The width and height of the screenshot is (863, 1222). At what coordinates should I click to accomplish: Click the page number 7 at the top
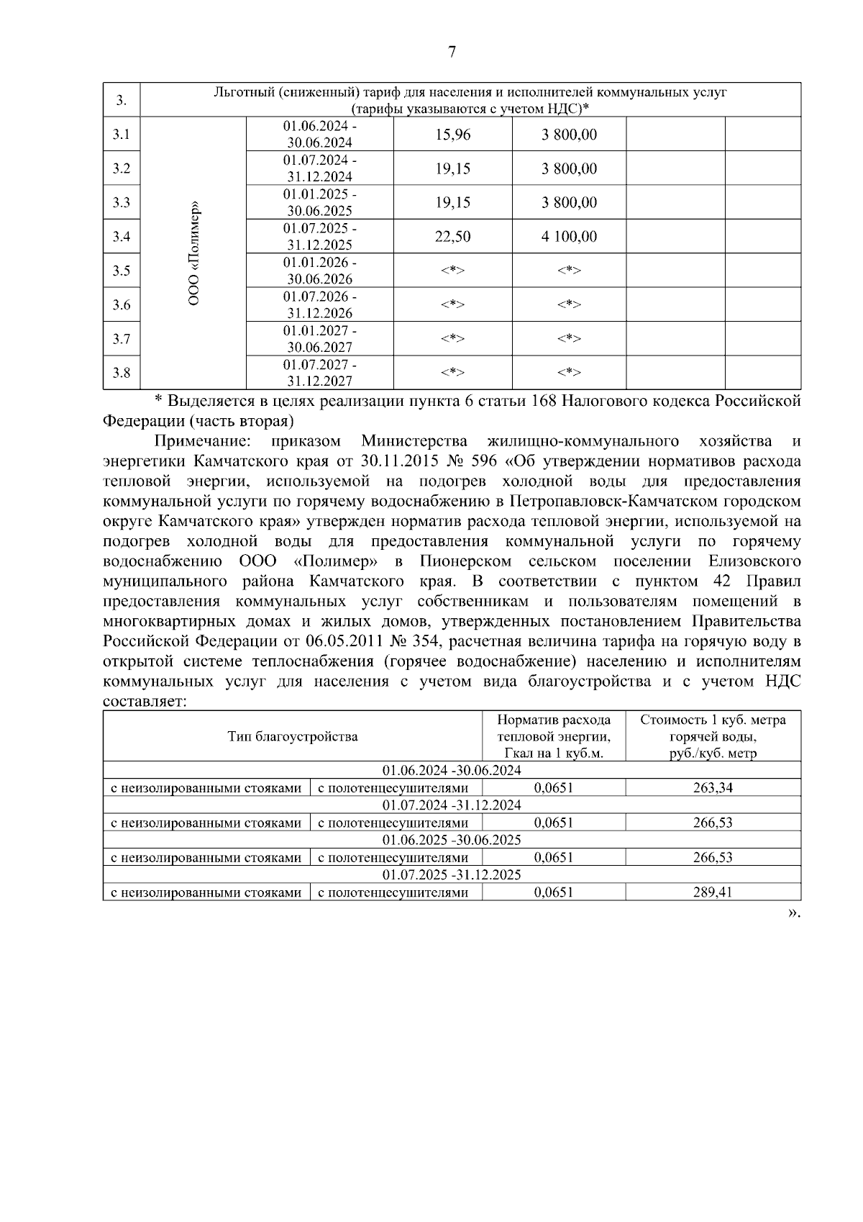tap(452, 52)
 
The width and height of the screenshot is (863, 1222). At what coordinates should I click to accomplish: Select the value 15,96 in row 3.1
tap(452, 135)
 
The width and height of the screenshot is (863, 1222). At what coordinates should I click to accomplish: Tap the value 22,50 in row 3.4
tap(452, 237)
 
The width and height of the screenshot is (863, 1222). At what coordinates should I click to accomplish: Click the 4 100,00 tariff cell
tap(569, 237)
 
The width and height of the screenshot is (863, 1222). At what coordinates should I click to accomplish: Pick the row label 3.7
tap(122, 339)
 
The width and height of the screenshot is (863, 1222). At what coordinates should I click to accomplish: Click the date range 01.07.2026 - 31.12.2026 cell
tap(319, 304)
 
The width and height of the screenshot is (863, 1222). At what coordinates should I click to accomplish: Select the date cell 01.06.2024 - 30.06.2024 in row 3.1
tap(319, 134)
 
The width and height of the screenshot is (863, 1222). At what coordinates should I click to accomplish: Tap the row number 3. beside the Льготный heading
tap(122, 100)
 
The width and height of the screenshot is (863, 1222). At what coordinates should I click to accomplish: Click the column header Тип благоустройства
tap(292, 736)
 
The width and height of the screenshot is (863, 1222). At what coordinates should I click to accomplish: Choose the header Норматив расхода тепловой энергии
tap(553, 736)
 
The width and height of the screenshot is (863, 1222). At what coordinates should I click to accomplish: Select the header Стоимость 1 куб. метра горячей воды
tap(712, 736)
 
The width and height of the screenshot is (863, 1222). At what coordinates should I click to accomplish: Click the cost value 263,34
tap(712, 788)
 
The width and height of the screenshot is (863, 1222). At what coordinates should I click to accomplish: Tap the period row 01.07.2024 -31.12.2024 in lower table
tap(452, 805)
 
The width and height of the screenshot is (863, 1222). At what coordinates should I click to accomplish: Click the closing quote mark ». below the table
tap(793, 913)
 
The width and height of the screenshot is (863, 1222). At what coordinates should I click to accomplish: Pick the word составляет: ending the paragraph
tap(145, 702)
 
